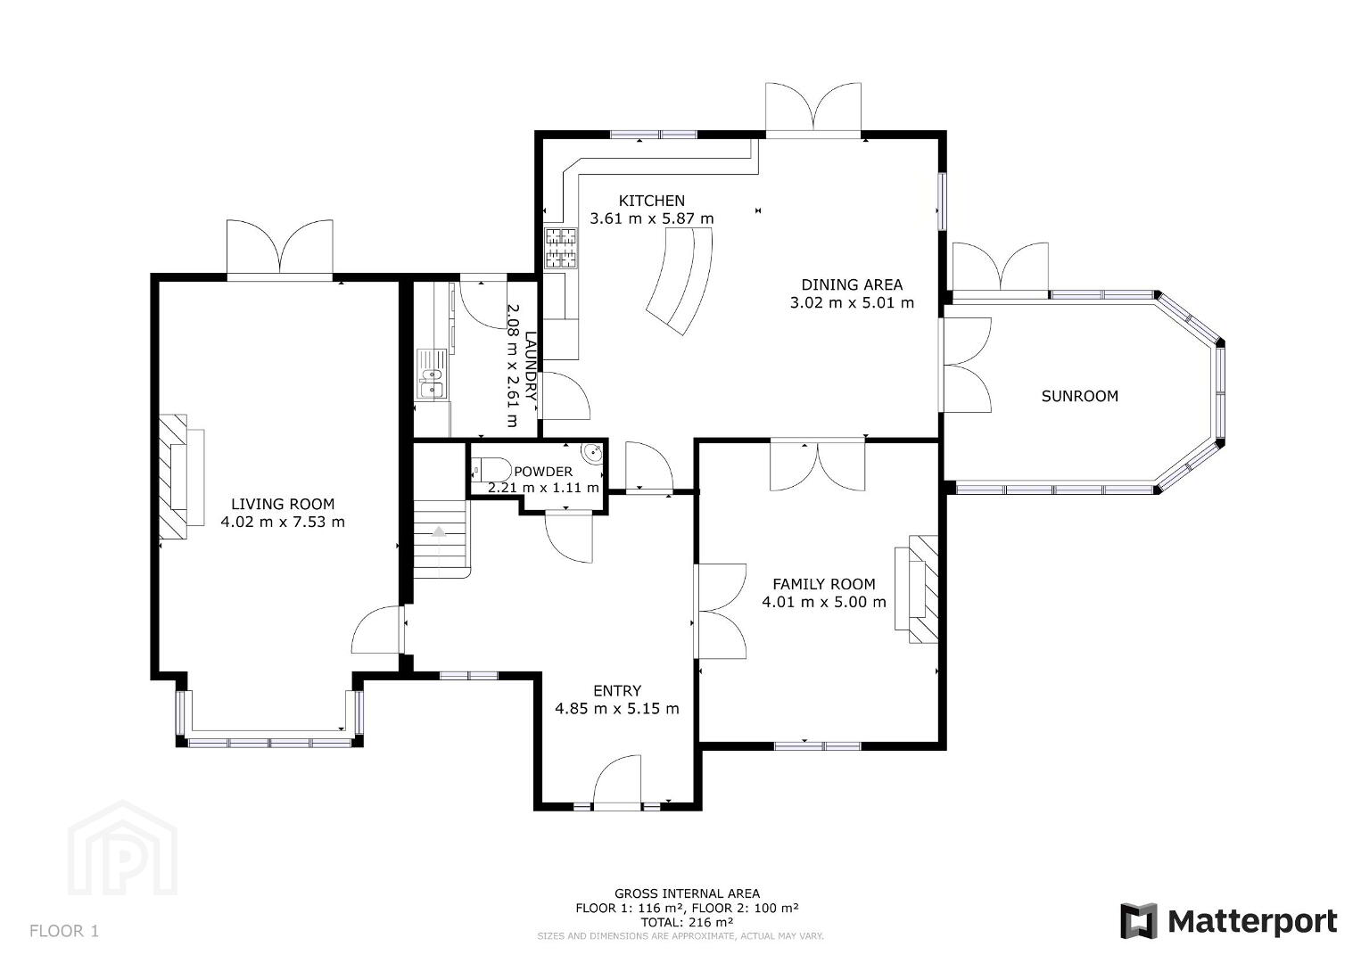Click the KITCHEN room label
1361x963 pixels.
coord(651,201)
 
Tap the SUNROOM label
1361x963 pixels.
coord(1080,396)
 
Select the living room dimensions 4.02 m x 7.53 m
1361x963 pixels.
coord(283,522)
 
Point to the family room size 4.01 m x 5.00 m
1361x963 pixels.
coord(824,602)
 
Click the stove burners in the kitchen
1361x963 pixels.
coord(561,248)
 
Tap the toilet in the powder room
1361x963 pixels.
coord(491,470)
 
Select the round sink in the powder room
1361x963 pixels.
coord(592,453)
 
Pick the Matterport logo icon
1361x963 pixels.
coord(1138,921)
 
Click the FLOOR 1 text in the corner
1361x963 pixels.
coord(64,931)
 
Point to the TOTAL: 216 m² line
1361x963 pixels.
coord(687,922)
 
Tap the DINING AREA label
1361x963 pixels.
coord(852,285)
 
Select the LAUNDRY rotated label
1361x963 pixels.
coord(531,366)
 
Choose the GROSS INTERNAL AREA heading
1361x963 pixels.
coord(687,893)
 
